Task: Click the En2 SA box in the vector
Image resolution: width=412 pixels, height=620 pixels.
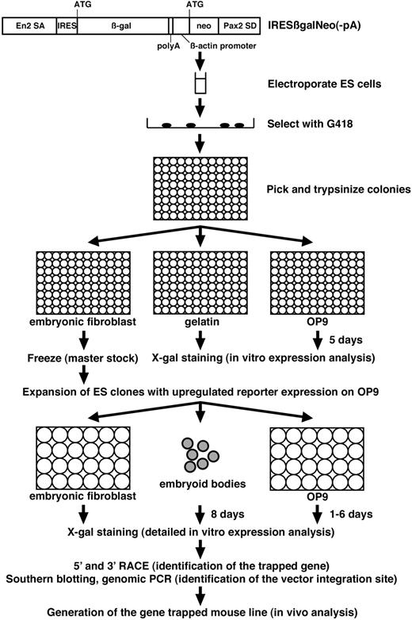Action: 29,26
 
